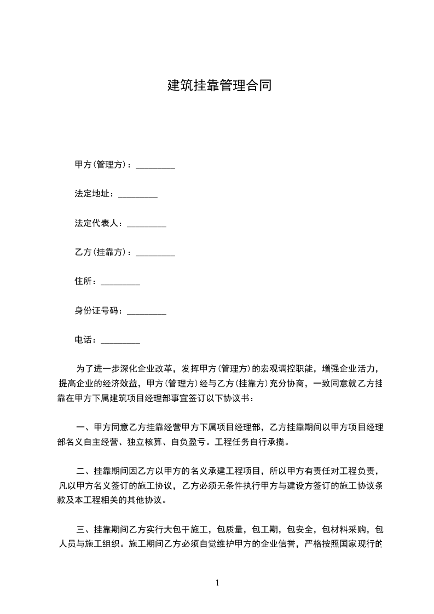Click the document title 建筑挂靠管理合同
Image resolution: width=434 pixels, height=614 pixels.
click(219, 86)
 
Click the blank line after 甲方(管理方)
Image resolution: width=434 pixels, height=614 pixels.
click(155, 166)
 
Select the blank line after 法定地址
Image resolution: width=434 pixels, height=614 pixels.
click(138, 196)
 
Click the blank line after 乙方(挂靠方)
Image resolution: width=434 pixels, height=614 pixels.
click(155, 254)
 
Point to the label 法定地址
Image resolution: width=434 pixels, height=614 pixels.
click(94, 194)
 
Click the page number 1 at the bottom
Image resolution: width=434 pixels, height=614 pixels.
click(217, 583)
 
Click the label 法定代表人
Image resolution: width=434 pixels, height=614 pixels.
click(98, 223)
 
